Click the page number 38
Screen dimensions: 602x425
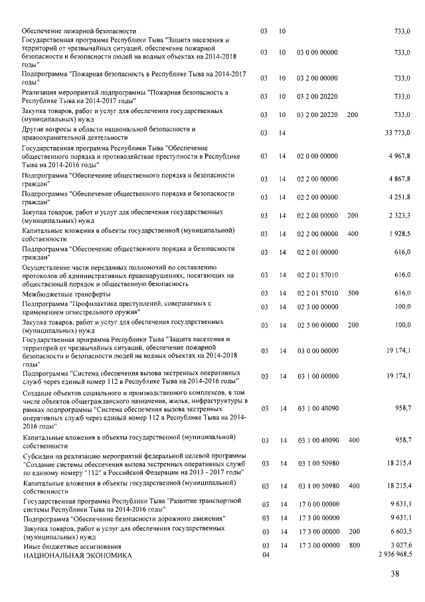coord(394,574)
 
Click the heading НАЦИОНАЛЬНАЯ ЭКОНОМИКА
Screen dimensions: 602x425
coord(78,554)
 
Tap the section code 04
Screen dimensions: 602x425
coord(264,554)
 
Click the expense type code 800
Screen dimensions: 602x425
coord(353,545)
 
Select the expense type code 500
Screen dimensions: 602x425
coord(353,293)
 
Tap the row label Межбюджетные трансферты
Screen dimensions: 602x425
coord(66,293)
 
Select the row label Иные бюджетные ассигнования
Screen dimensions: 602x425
coord(72,545)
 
